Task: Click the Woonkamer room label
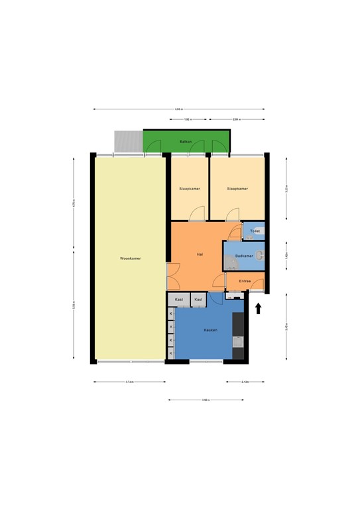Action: click(x=130, y=258)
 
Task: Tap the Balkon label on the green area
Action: click(x=186, y=142)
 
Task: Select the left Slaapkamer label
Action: click(x=190, y=189)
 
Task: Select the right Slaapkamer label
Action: click(x=237, y=189)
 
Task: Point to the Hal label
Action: click(x=199, y=254)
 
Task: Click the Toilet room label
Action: click(x=255, y=231)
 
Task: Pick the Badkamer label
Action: click(x=244, y=256)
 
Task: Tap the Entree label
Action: click(x=245, y=281)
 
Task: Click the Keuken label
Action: click(x=211, y=330)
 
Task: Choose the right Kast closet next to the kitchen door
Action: click(x=198, y=300)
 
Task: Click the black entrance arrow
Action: click(x=259, y=308)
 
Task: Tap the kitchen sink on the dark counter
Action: click(x=239, y=342)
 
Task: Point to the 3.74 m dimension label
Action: click(x=130, y=382)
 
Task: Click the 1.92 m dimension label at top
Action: click(x=187, y=119)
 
